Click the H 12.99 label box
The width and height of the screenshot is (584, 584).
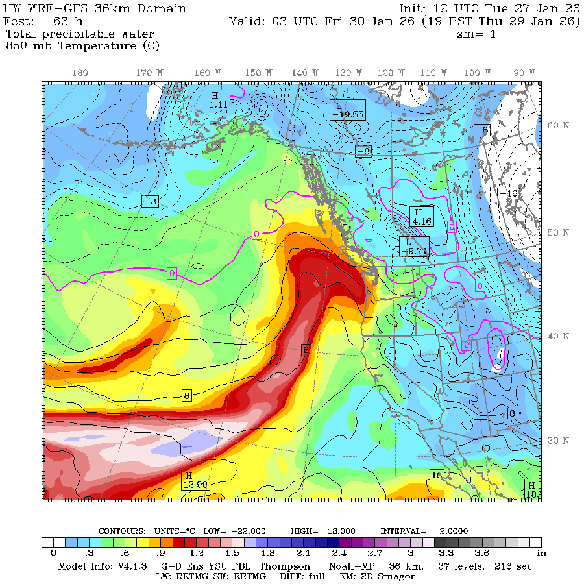196,480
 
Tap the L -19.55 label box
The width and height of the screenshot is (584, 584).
347,109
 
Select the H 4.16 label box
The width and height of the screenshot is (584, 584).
421,216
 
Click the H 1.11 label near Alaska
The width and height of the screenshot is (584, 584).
219,99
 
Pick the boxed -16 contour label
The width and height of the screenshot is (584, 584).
508,193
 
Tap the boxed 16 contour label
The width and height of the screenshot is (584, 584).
437,476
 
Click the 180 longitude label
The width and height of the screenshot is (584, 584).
80,73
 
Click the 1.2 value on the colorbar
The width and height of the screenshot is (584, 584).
196,553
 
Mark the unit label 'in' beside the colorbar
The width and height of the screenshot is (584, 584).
541,553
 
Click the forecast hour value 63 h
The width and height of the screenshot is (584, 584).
64,21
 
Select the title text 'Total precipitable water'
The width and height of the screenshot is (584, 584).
79,34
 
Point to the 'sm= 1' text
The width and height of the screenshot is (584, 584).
476,34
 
